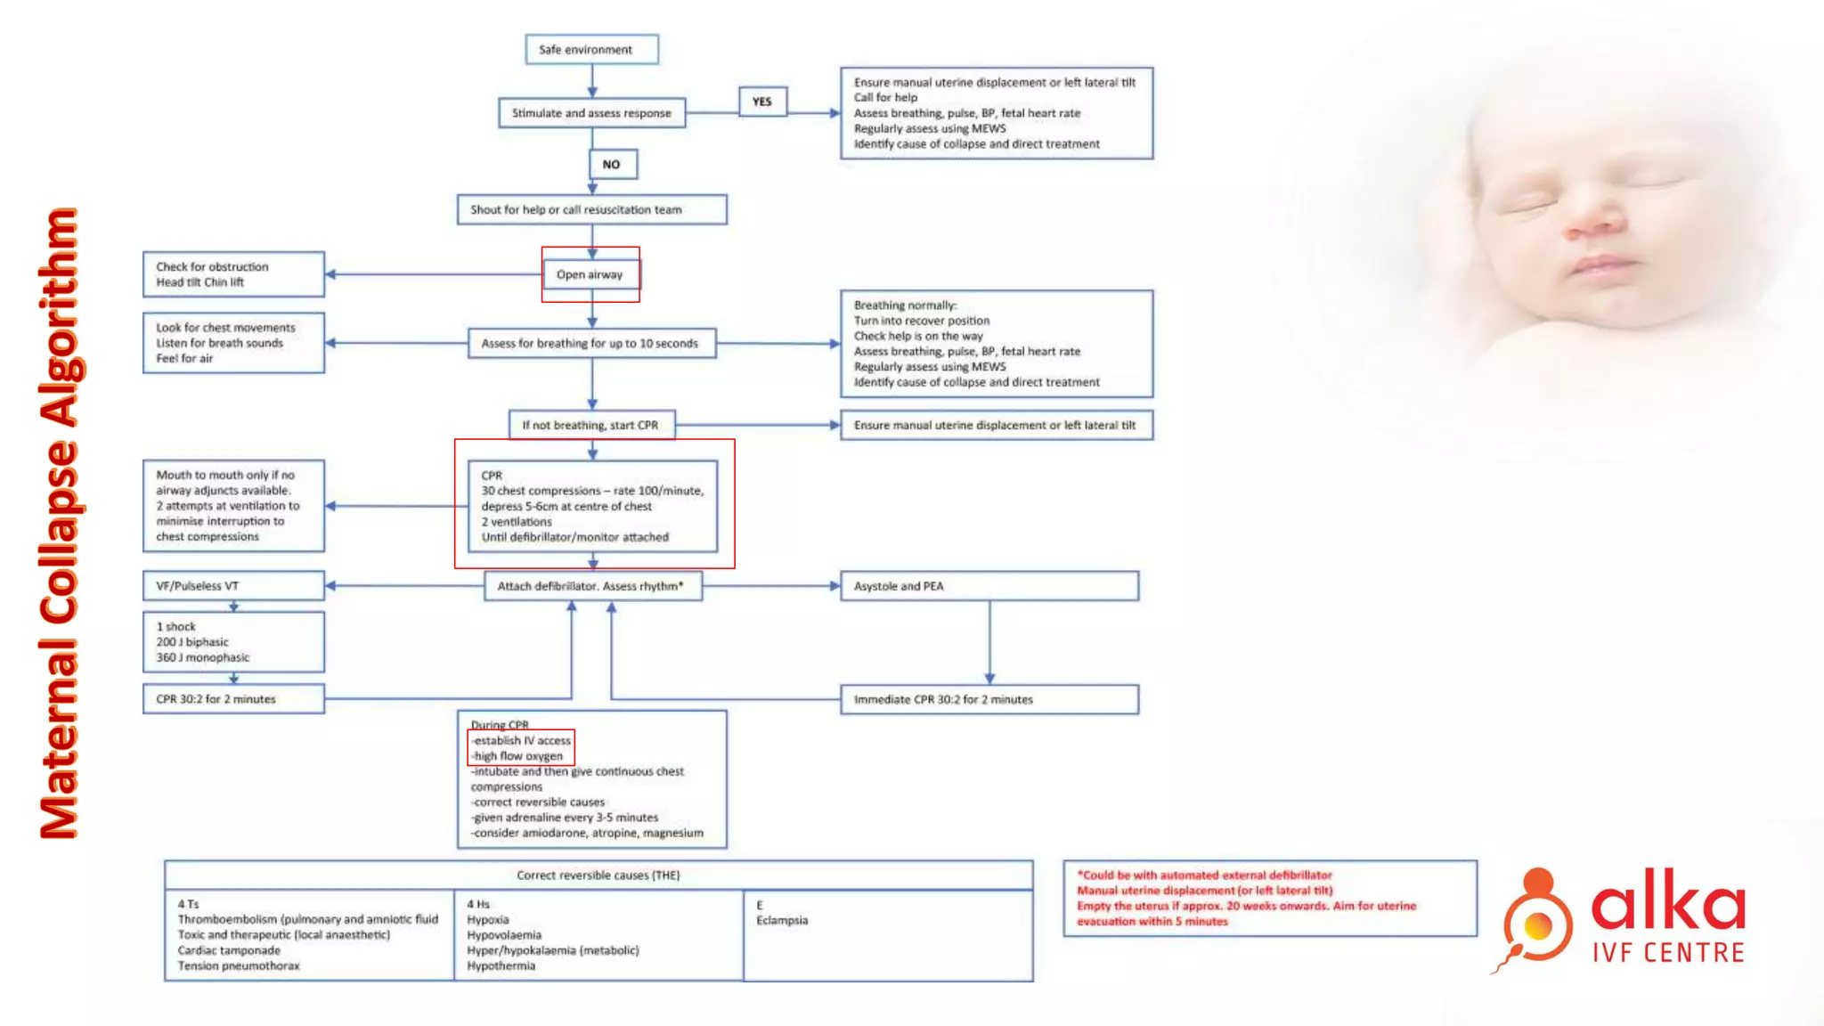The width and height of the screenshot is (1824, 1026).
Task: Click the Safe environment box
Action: pos(591,50)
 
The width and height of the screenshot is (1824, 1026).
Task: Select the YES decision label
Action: pos(762,102)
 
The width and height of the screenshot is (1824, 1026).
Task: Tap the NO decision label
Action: pos(612,164)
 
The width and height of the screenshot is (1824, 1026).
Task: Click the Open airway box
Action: pos(590,274)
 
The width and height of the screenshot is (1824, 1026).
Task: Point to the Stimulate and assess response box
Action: pos(591,113)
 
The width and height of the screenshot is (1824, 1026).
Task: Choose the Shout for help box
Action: pos(591,209)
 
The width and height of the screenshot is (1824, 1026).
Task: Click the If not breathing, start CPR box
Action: pos(591,425)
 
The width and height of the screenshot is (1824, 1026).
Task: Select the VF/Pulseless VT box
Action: pos(233,586)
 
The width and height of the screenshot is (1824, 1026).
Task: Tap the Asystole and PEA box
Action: pos(989,586)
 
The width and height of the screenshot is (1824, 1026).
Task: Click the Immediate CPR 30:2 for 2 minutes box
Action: pos(989,699)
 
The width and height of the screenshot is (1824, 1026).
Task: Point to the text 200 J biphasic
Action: pos(192,642)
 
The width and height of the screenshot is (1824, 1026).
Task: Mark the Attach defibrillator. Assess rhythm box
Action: pos(592,586)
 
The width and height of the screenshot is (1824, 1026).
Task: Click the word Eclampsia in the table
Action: pos(782,920)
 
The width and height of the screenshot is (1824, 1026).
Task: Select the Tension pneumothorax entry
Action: pos(239,965)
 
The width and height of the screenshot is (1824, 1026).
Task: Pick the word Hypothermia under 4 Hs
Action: pos(501,965)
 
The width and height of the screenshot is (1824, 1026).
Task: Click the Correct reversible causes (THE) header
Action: pos(598,875)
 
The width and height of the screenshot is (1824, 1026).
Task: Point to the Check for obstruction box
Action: pos(233,274)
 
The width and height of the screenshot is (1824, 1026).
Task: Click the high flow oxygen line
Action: pos(518,756)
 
